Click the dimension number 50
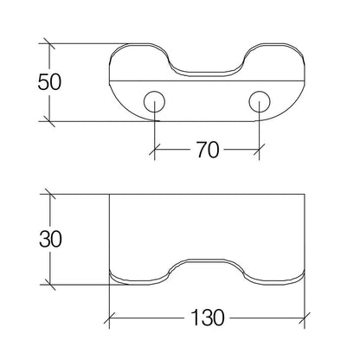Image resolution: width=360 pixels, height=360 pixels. [x=49, y=82]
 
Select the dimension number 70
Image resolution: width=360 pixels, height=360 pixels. [x=208, y=150]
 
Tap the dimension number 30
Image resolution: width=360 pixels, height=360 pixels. [x=50, y=239]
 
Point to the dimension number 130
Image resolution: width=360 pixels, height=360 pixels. [x=208, y=318]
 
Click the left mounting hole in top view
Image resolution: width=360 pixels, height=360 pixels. [x=154, y=101]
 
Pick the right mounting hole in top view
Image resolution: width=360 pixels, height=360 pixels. [x=260, y=101]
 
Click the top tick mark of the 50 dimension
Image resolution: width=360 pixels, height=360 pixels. [x=49, y=43]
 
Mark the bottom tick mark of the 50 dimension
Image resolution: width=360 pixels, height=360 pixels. [x=49, y=121]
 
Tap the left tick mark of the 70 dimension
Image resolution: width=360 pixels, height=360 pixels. [x=155, y=150]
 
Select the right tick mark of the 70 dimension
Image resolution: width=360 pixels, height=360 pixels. [x=260, y=150]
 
